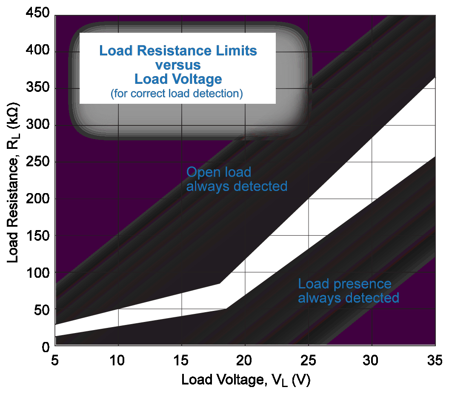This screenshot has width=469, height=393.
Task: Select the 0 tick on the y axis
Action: (46, 347)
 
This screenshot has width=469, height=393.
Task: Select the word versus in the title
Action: (178, 65)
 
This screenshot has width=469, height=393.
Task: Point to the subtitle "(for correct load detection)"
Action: (177, 94)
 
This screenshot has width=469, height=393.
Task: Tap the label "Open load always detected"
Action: (237, 179)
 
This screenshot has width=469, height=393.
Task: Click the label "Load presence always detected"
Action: (348, 290)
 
